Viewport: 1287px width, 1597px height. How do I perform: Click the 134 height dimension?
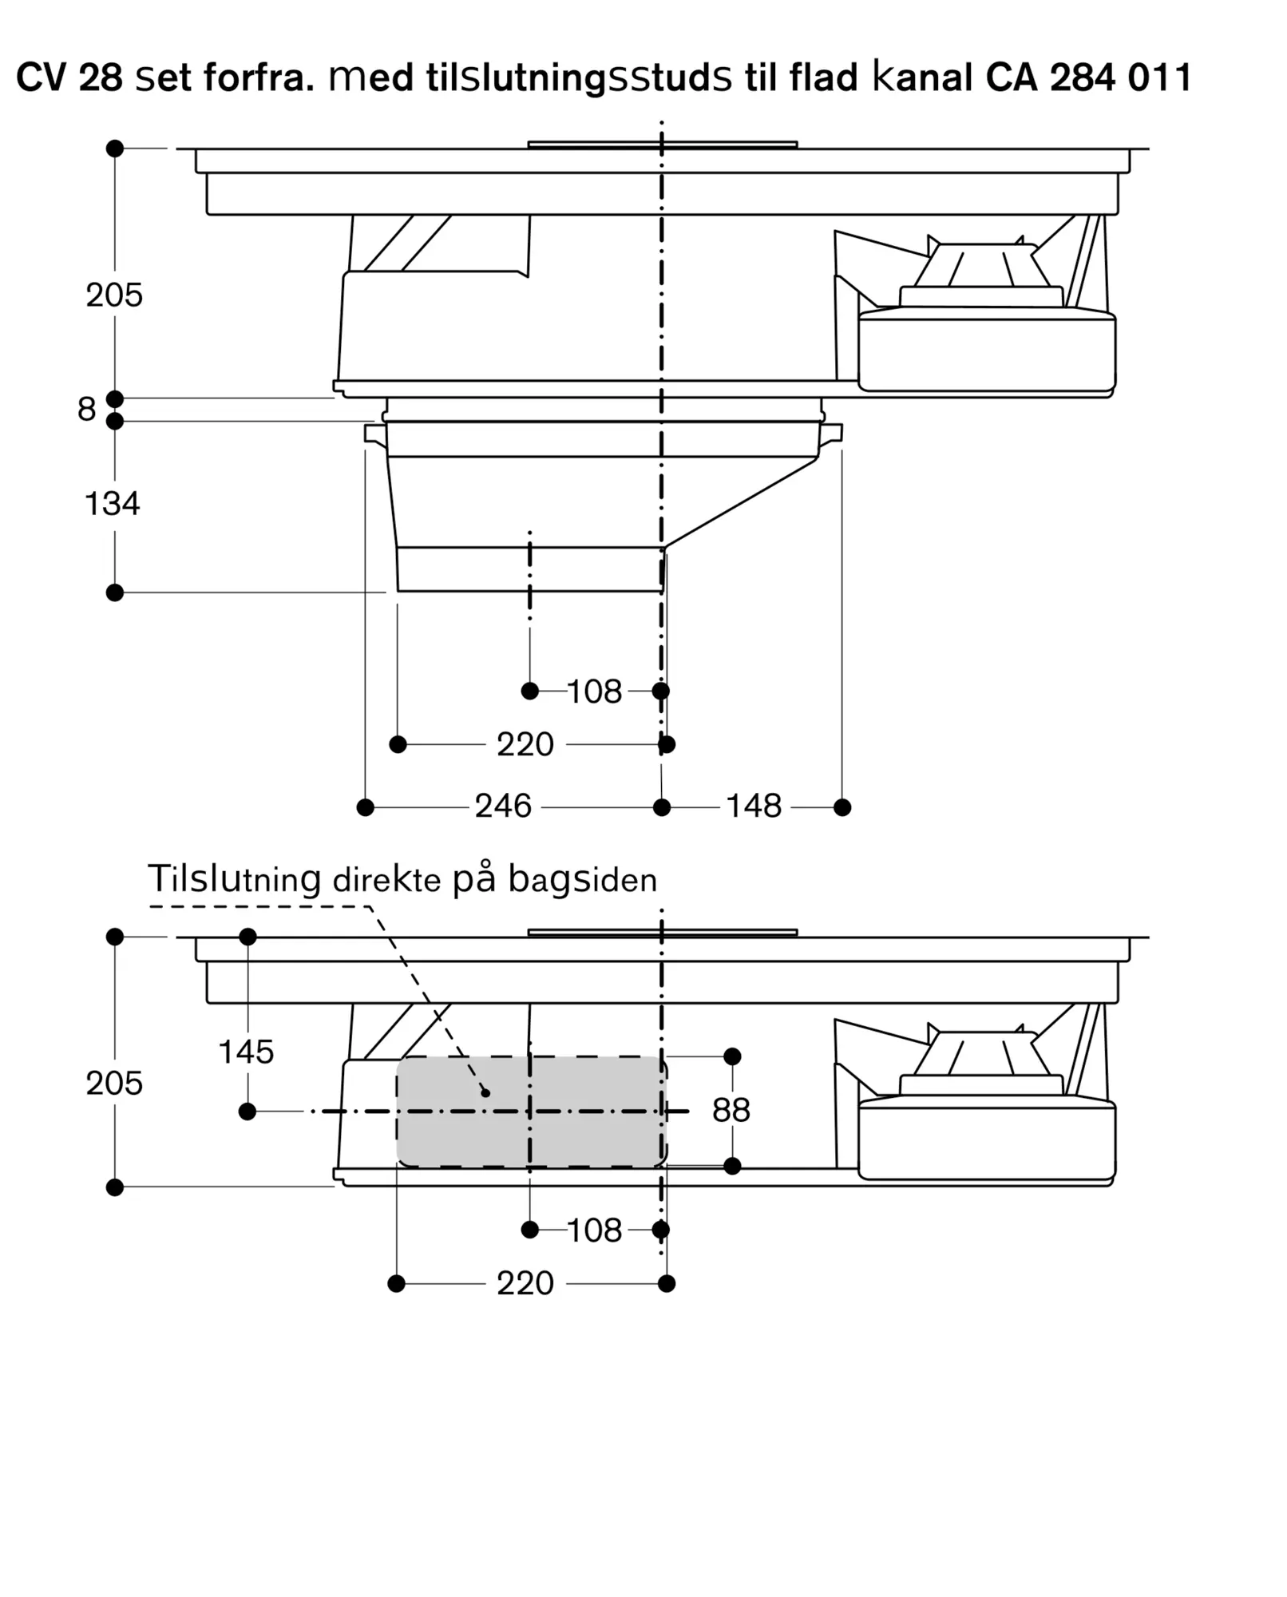pyautogui.click(x=113, y=504)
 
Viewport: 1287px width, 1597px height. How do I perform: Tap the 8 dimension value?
pyautogui.click(x=86, y=409)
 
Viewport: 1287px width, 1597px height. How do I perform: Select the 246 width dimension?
pyautogui.click(x=503, y=806)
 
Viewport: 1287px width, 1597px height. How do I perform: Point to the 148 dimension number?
pyautogui.click(x=754, y=806)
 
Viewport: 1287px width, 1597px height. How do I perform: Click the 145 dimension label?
pyautogui.click(x=246, y=1052)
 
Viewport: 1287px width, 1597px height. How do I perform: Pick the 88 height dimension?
pyautogui.click(x=731, y=1110)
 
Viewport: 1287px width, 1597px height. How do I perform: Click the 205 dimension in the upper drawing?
pyautogui.click(x=114, y=295)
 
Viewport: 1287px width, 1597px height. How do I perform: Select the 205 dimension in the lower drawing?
pyautogui.click(x=114, y=1083)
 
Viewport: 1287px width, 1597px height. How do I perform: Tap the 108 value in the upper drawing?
pyautogui.click(x=595, y=692)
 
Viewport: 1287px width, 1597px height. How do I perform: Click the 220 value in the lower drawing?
pyautogui.click(x=525, y=1283)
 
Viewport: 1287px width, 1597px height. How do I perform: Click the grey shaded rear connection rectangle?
pyautogui.click(x=532, y=1112)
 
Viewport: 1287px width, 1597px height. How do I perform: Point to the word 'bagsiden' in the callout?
pyautogui.click(x=583, y=880)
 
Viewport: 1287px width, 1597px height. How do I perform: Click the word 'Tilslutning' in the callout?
pyautogui.click(x=235, y=878)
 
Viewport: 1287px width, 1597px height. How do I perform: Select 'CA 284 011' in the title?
pyautogui.click(x=1089, y=77)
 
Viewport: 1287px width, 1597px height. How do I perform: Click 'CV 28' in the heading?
pyautogui.click(x=69, y=77)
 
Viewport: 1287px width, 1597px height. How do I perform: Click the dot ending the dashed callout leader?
pyautogui.click(x=485, y=1092)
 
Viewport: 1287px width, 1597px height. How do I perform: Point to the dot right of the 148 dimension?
pyautogui.click(x=842, y=807)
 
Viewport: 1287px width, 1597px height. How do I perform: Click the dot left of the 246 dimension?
pyautogui.click(x=366, y=807)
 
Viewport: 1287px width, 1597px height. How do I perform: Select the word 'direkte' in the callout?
pyautogui.click(x=386, y=880)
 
